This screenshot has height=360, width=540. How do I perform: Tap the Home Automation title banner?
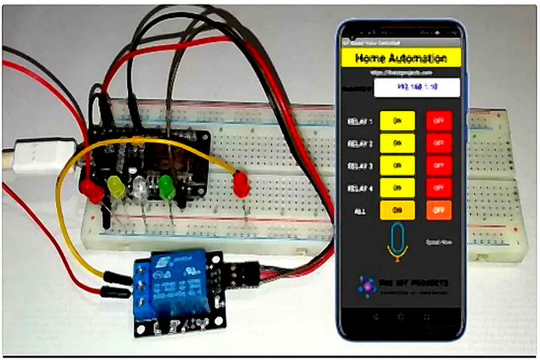coord(400,58)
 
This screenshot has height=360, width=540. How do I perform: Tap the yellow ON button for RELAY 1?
coord(397,121)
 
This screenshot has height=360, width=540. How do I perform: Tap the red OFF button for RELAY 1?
coord(439,121)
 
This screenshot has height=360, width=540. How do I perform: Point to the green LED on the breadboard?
coord(166,187)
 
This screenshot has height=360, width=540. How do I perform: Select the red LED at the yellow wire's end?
coord(241,184)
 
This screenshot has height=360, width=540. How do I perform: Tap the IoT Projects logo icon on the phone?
coord(367,285)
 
